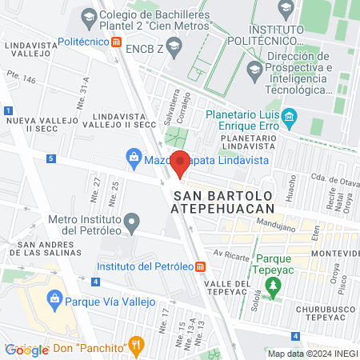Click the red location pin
pos(180,163)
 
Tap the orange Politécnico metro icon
pos(118,42)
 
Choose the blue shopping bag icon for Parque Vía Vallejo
pos(55,302)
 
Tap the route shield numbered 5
pos(50,159)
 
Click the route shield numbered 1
pos(7,110)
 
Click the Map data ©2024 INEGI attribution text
pos(312,354)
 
